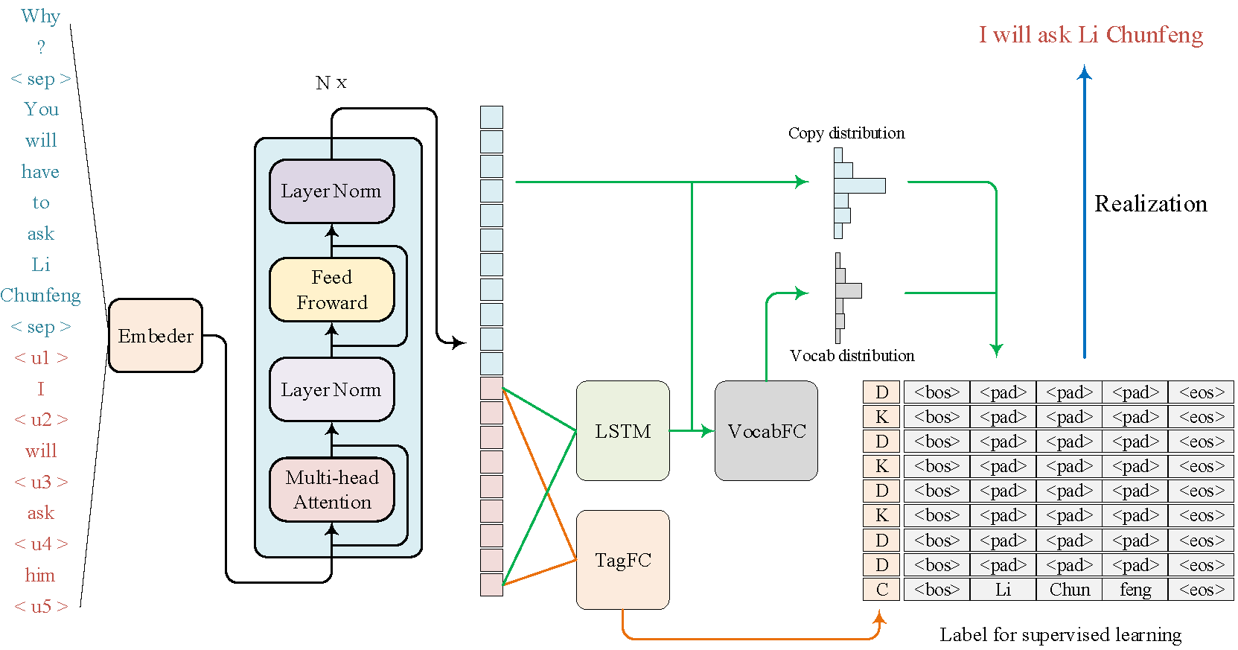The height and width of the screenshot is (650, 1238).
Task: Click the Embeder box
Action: tap(155, 336)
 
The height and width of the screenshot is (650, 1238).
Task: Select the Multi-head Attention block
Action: tap(332, 489)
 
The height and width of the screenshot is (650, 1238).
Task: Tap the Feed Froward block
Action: tap(332, 290)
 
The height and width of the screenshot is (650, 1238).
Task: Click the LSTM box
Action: tap(622, 431)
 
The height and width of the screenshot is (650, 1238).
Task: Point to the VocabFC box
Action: tap(766, 431)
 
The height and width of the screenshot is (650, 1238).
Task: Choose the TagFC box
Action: tap(622, 560)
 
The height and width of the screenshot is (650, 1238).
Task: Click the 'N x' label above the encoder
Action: tap(331, 83)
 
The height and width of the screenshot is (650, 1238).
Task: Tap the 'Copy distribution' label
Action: tap(846, 133)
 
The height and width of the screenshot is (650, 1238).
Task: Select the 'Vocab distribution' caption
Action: tap(852, 356)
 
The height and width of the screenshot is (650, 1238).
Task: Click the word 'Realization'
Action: tap(1150, 204)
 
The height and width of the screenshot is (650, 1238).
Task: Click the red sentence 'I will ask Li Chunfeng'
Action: tap(1091, 35)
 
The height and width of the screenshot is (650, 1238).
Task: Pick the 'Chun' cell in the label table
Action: tap(1069, 590)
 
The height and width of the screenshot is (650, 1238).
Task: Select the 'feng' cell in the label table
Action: tap(1135, 590)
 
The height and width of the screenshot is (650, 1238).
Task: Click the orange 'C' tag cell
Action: tap(881, 590)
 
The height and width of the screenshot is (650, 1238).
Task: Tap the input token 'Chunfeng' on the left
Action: tap(40, 296)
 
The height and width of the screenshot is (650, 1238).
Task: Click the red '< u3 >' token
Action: tap(41, 482)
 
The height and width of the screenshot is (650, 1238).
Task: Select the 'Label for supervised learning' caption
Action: tap(1060, 634)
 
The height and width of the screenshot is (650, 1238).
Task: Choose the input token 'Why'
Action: tap(40, 16)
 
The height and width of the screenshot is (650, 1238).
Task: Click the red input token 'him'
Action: tap(40, 575)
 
